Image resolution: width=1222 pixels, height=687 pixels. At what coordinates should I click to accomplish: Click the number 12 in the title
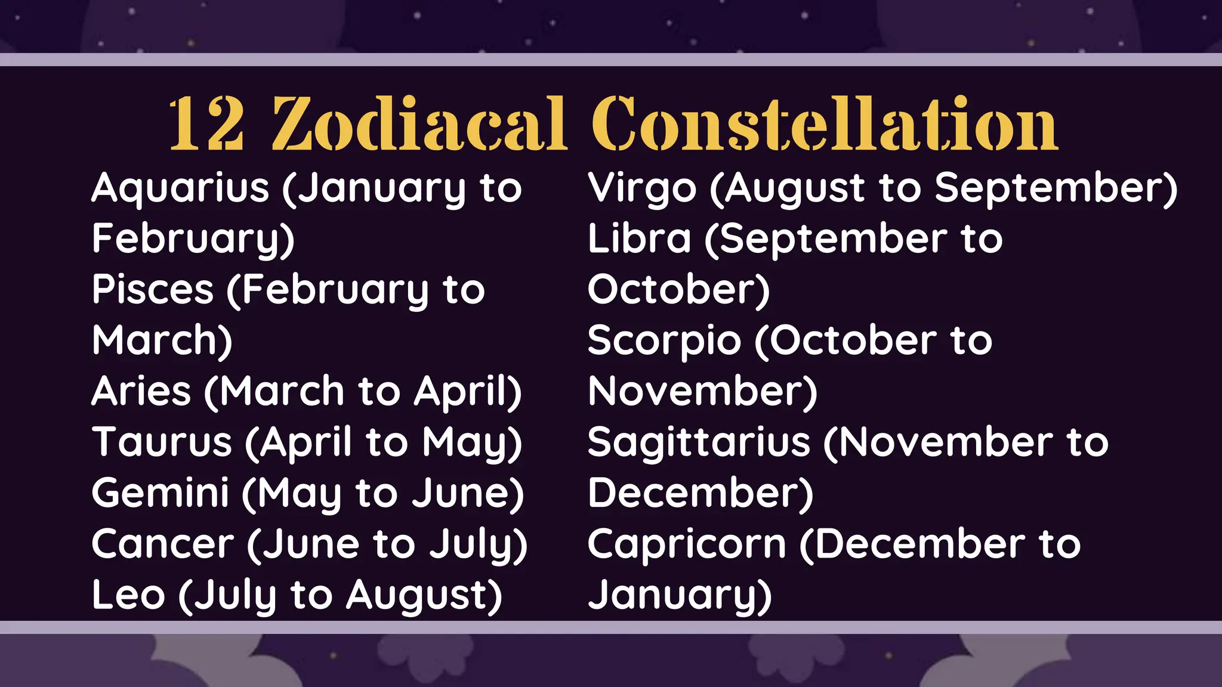coord(206,125)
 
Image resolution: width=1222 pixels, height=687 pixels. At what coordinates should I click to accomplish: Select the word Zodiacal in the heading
coord(418,125)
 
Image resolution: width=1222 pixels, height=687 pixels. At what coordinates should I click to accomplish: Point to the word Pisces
coord(152,290)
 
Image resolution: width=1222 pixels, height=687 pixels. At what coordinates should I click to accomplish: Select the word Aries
coord(141,392)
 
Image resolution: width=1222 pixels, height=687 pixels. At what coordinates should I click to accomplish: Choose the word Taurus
coord(162,442)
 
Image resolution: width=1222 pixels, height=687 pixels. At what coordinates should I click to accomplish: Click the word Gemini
coord(160,493)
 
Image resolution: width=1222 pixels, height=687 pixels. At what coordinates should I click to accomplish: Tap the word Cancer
coord(163,544)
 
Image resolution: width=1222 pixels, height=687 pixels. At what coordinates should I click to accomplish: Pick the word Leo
coord(128,595)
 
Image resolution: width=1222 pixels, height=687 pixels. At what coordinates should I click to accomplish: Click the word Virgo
coord(642,188)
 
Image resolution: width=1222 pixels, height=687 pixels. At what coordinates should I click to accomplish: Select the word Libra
coord(639,239)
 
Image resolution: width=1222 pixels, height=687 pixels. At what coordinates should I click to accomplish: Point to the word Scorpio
coord(664,341)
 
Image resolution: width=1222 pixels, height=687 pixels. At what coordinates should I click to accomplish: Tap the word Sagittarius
coord(699,442)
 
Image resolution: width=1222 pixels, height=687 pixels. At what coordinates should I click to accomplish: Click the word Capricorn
coord(687,544)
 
